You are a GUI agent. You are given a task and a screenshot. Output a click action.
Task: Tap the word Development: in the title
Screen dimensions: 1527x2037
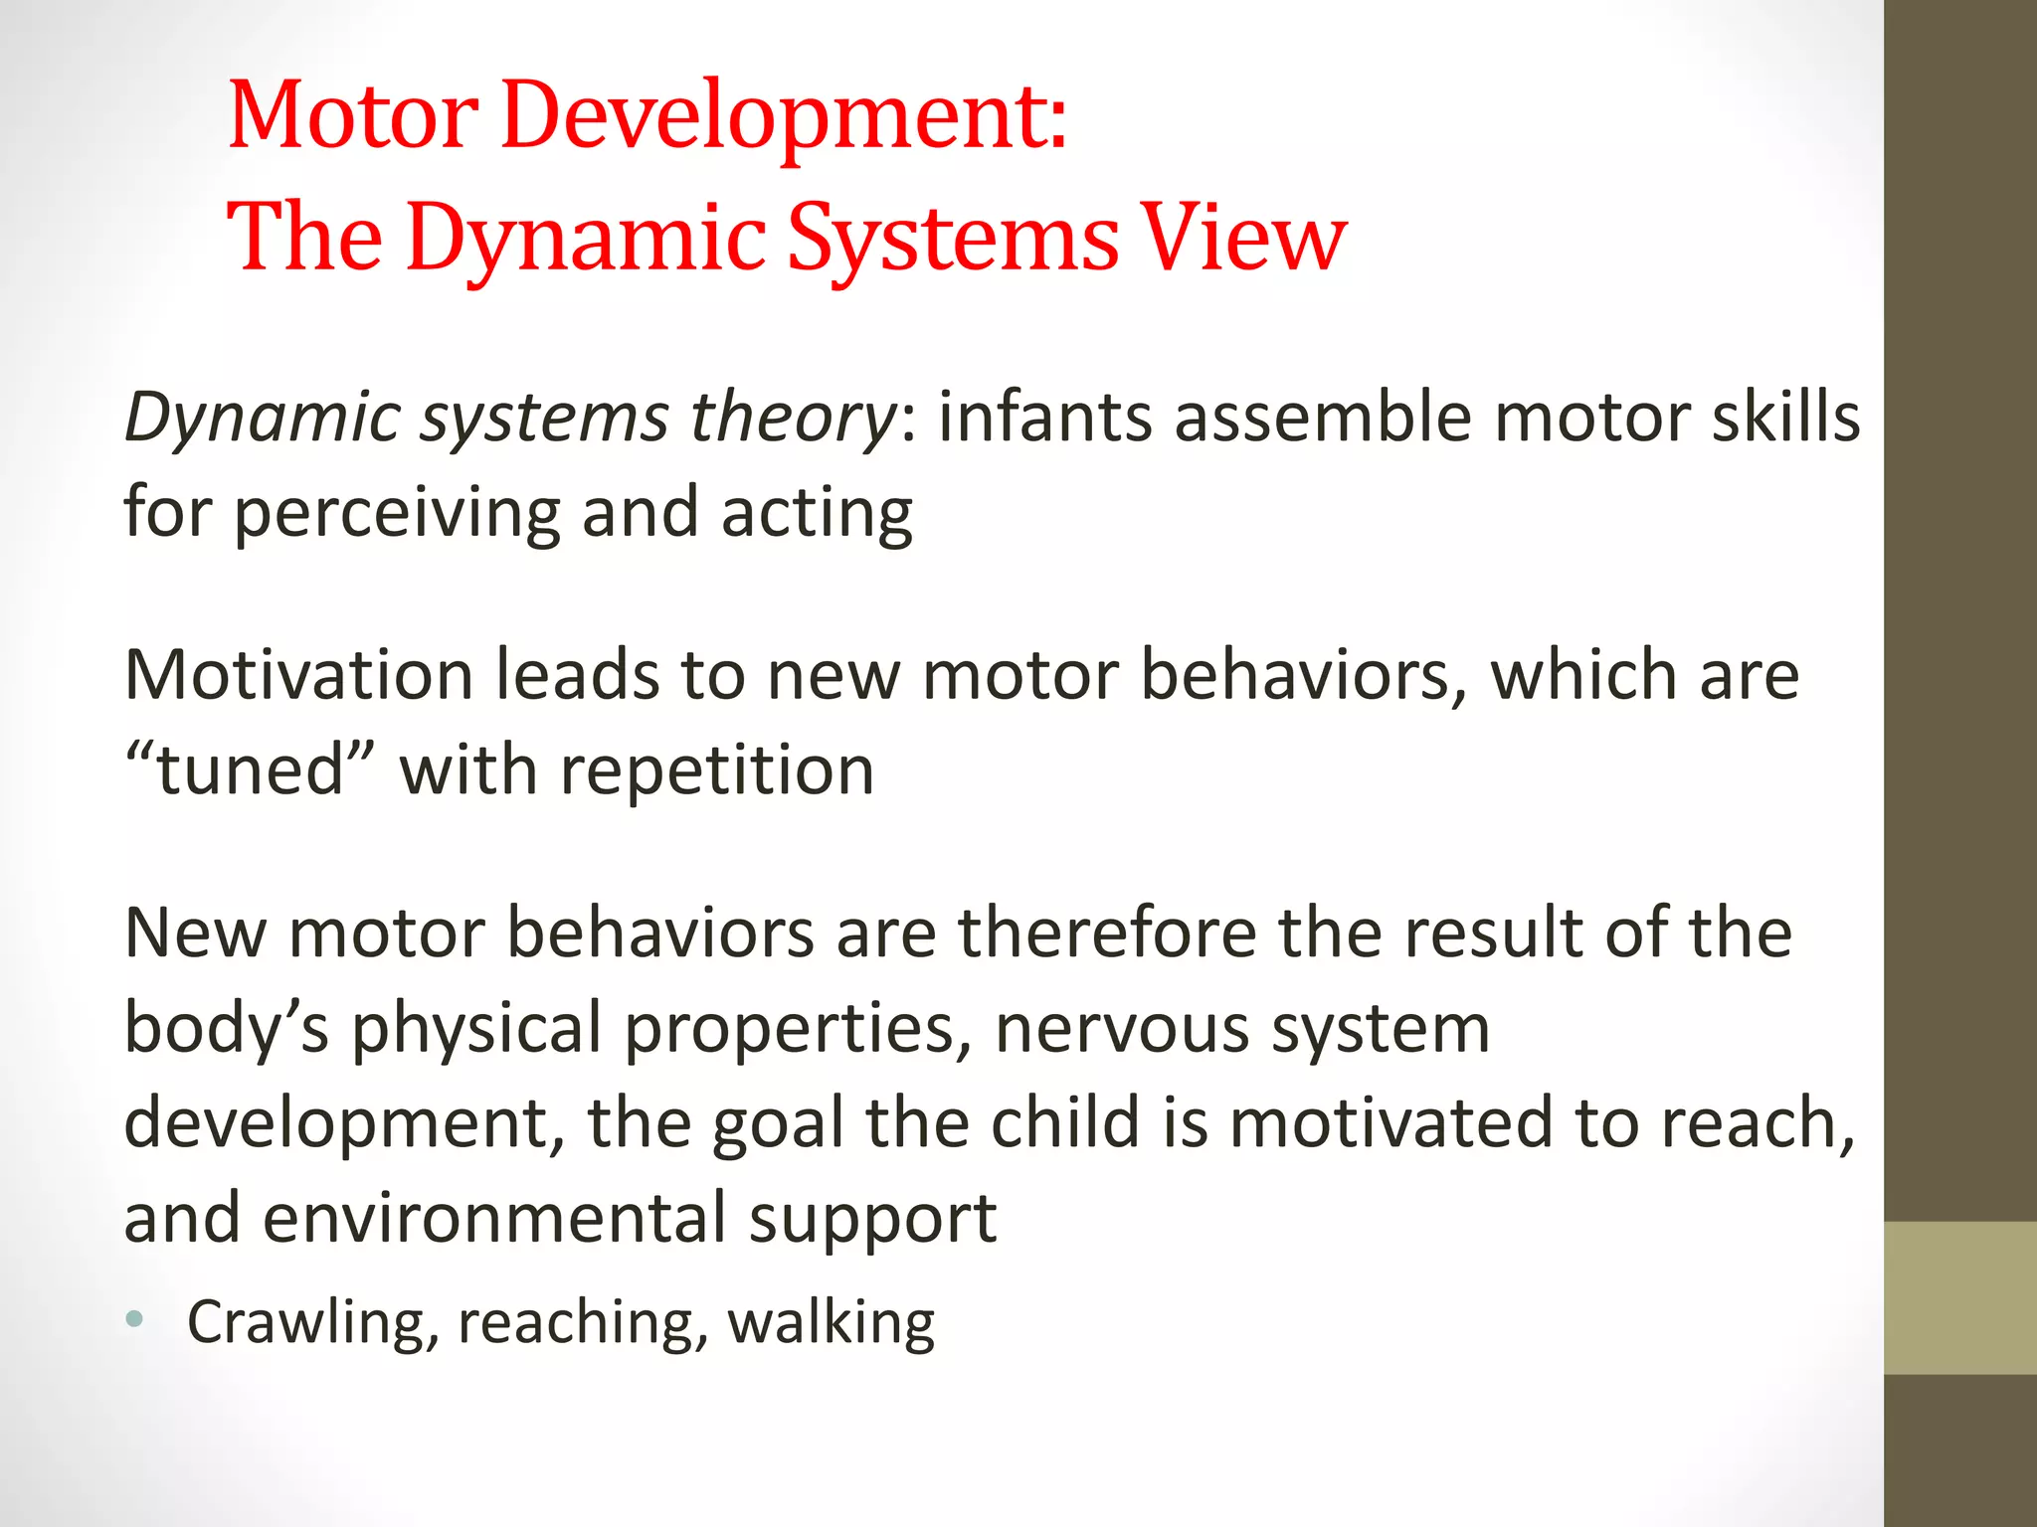coord(785,117)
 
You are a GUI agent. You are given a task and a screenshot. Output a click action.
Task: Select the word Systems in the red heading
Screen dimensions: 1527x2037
coord(953,239)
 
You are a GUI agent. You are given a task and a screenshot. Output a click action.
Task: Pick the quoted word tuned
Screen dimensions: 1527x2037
coord(250,770)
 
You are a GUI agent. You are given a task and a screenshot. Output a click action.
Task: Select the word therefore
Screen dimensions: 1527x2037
coord(1107,933)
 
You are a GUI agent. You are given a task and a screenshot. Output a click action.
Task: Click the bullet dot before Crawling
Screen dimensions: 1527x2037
coord(135,1320)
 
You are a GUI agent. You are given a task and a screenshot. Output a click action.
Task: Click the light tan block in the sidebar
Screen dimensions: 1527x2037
coord(1959,1297)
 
